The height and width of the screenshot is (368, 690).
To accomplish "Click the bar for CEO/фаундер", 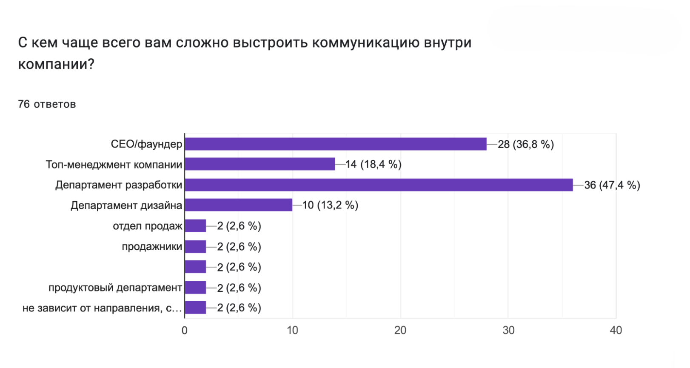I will (x=336, y=144).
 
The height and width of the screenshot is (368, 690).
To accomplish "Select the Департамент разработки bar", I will (x=379, y=185).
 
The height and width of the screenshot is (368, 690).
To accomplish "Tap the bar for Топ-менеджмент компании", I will (x=260, y=164).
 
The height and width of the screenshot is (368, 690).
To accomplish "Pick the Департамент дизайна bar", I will (x=239, y=205).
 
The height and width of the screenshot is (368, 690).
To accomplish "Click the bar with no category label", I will (x=196, y=267).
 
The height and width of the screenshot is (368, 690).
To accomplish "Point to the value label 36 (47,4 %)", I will (x=612, y=185).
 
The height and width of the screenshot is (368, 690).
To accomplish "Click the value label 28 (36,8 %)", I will (x=526, y=144).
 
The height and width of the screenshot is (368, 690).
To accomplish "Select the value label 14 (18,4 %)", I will (x=374, y=164).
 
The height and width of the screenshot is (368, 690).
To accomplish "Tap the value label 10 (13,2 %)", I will (x=330, y=205).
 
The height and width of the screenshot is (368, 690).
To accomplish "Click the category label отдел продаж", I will (x=148, y=226).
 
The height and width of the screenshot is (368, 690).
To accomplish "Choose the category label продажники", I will (x=152, y=247).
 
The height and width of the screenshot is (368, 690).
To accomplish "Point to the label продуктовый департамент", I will (x=115, y=288).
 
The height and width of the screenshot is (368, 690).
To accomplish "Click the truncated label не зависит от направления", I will (x=102, y=308).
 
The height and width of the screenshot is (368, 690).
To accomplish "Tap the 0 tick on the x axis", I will (x=185, y=331).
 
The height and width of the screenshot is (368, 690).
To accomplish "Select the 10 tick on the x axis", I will (x=292, y=331).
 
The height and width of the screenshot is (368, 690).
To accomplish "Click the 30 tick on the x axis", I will (x=508, y=331).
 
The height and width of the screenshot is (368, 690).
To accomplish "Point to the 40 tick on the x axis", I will (x=616, y=331).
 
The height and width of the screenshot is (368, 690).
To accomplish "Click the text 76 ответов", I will (x=47, y=104).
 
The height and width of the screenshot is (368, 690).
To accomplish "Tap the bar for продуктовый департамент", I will (x=196, y=288).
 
